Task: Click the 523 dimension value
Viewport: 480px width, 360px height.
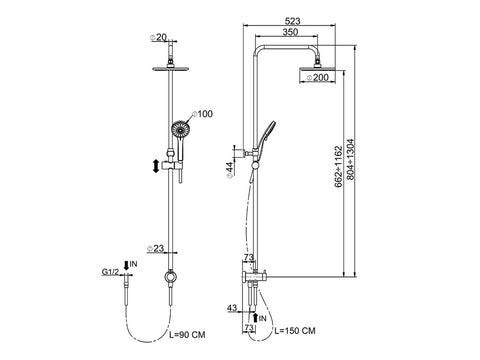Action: (293, 21)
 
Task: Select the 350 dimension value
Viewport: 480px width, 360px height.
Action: (290, 32)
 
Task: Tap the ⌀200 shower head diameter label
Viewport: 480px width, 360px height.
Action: (317, 77)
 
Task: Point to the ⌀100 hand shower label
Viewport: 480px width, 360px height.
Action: (202, 114)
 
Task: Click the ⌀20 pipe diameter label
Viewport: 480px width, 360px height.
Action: (159, 38)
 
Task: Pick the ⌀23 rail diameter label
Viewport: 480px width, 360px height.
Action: (155, 248)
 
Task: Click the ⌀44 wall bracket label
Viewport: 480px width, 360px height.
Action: (230, 171)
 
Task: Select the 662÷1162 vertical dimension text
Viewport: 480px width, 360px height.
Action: (338, 166)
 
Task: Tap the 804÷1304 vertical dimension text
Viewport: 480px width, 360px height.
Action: (350, 160)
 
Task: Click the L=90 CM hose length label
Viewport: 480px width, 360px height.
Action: (187, 335)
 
